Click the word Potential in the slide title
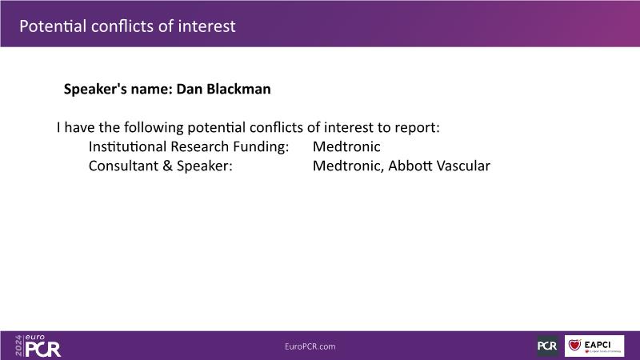pyautogui.click(x=53, y=26)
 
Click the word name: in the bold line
pyautogui.click(x=151, y=90)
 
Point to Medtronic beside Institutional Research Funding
pyautogui.click(x=346, y=146)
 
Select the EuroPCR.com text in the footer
pyautogui.click(x=310, y=346)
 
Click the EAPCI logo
pyautogui.click(x=594, y=346)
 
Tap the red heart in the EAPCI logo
pyautogui.click(x=574, y=345)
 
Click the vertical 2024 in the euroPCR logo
pyautogui.click(x=18, y=346)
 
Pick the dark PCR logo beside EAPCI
pyautogui.click(x=547, y=346)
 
